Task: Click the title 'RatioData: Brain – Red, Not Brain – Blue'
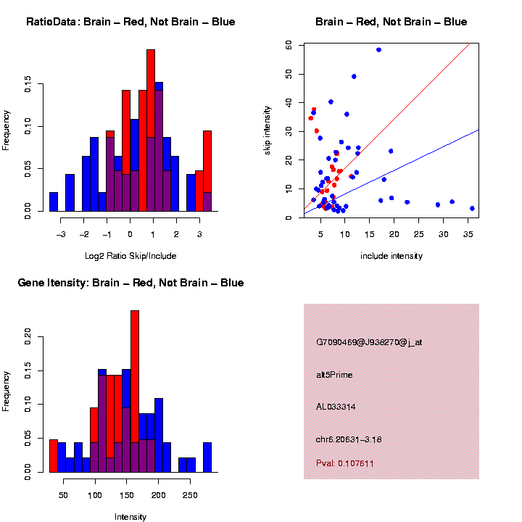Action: click(130, 22)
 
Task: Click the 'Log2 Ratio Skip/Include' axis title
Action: click(130, 255)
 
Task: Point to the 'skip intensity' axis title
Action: click(268, 131)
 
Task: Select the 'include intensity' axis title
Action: click(391, 256)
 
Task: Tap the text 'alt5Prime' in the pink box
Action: click(334, 375)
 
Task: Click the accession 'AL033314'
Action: click(334, 407)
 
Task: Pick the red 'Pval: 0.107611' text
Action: click(345, 463)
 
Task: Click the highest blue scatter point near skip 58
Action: click(378, 50)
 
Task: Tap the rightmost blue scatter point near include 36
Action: click(472, 208)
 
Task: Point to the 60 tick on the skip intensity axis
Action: click(289, 45)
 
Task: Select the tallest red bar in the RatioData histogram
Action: click(151, 130)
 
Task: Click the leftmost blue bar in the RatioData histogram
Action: click(54, 202)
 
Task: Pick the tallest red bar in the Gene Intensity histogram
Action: click(135, 391)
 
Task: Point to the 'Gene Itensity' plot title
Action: click(130, 283)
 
